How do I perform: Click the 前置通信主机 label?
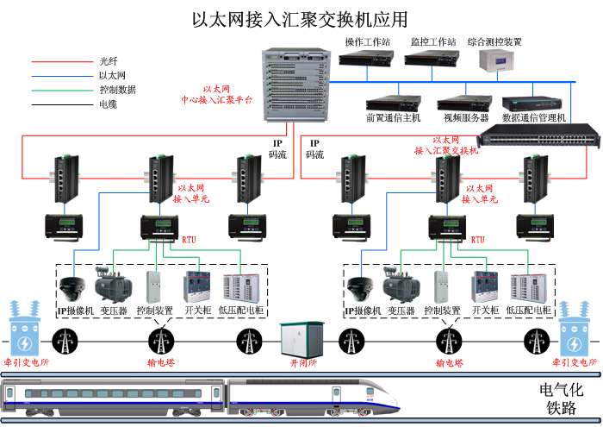[x=393, y=117]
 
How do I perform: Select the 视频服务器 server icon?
[x=465, y=103]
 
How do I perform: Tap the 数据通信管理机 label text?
[x=534, y=117]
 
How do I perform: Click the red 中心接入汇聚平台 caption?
[x=216, y=95]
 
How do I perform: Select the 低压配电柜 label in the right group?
[x=526, y=311]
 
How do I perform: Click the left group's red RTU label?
[x=190, y=239]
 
